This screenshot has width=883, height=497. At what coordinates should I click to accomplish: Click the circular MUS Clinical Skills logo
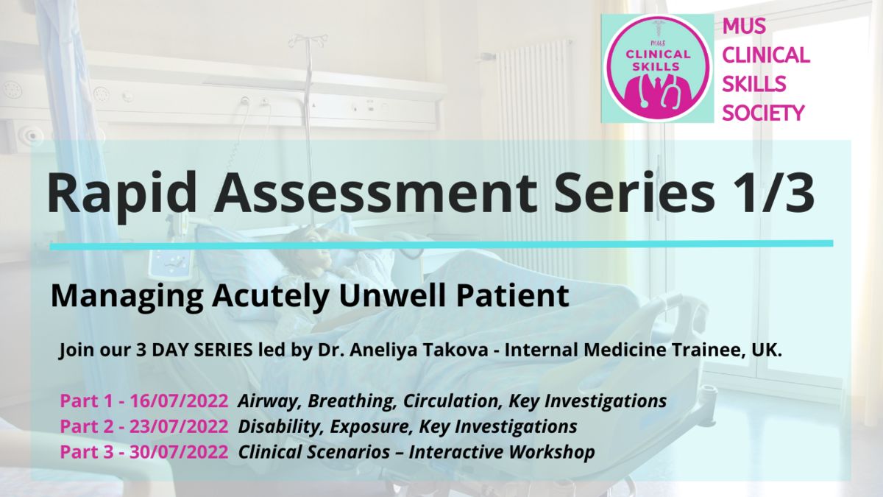point(657,68)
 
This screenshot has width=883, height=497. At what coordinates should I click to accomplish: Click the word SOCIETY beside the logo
point(763,113)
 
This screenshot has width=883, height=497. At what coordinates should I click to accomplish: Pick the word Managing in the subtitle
point(127,297)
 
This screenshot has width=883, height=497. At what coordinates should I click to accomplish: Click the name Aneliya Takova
point(419,350)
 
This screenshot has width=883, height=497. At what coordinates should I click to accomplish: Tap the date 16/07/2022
point(179,401)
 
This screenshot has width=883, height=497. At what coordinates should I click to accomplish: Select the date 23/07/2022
point(179,426)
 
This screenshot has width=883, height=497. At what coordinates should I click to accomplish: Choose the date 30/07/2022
point(179,451)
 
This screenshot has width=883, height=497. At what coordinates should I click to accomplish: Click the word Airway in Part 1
point(270,401)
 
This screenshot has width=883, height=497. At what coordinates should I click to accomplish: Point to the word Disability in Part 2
point(281,427)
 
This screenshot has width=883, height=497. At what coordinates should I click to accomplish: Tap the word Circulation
point(453,401)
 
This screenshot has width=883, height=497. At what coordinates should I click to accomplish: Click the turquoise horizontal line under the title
point(441,245)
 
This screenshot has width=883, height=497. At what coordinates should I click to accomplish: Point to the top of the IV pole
point(308,38)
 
